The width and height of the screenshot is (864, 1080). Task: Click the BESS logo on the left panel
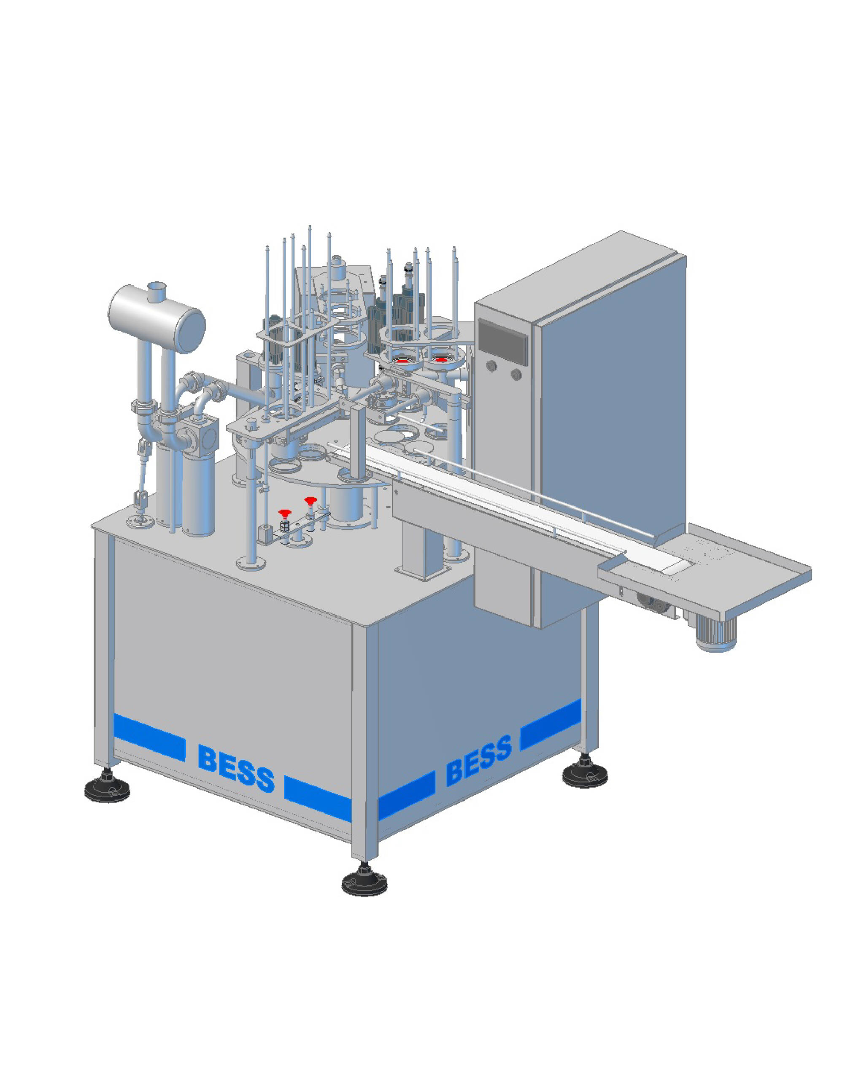pos(236,768)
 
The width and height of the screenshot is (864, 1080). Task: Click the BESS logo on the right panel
pos(479,759)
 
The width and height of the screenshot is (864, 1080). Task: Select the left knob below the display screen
pos(491,366)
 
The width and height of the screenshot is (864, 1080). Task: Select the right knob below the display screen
pos(516,374)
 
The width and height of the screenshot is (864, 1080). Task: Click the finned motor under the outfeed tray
pos(716,632)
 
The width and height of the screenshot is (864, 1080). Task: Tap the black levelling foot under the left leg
pos(107,786)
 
